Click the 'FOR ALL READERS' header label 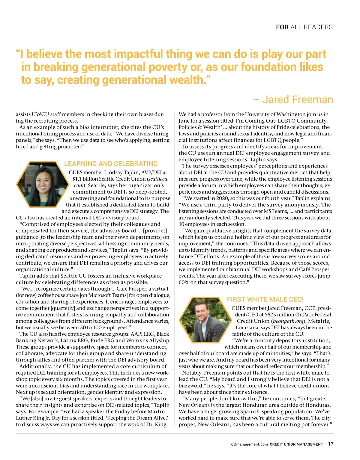pos(304,27)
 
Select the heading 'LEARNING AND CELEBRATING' pos(111,164)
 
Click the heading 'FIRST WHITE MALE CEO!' pos(265,299)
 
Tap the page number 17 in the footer pos(331,444)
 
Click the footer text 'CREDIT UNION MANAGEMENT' pos(296,444)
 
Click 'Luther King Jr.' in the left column pos(33,418)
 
